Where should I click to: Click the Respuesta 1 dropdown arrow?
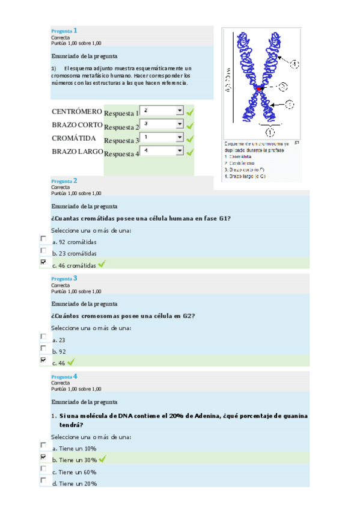179,111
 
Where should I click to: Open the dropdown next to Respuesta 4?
179,151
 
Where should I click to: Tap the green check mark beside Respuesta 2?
191,126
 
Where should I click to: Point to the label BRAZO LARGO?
77,151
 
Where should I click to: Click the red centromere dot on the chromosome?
259,89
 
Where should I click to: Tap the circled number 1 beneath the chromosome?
270,131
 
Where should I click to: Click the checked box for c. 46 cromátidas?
43,262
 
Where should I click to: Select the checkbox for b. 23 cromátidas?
43,250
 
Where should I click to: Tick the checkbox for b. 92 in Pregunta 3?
43,348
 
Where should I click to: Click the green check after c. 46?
71,362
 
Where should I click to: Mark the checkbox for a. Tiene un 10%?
43,445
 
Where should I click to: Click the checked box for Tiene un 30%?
43,457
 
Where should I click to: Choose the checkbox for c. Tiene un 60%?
43,469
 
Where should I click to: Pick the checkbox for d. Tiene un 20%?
43,481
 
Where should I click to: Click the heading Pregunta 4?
64,376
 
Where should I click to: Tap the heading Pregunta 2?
64,180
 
